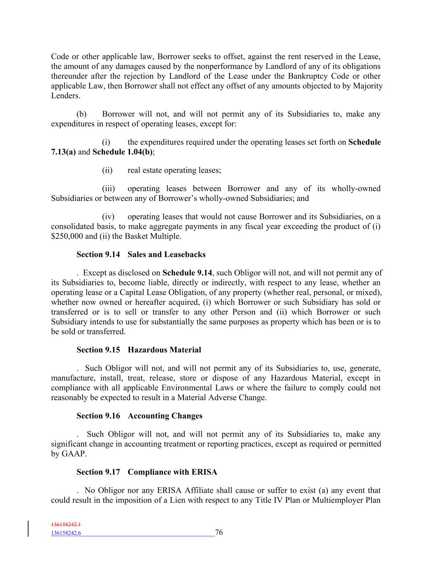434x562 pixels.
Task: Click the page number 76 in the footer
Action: click(x=219, y=532)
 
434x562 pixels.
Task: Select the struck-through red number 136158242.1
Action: click(x=66, y=525)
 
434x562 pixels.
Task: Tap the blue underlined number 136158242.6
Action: click(x=66, y=533)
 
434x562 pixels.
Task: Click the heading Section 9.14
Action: click(x=98, y=254)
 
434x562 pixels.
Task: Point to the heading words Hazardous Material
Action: click(x=164, y=350)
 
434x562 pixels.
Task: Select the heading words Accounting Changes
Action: click(x=165, y=416)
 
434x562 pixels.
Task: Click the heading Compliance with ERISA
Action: click(x=172, y=472)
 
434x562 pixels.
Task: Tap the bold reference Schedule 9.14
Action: click(x=188, y=273)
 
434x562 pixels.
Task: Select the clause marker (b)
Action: click(x=81, y=114)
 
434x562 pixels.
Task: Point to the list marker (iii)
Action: click(x=108, y=189)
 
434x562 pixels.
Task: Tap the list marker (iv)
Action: click(x=108, y=217)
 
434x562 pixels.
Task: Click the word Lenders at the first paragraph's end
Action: click(x=65, y=96)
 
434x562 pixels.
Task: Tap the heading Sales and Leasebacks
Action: click(x=167, y=254)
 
